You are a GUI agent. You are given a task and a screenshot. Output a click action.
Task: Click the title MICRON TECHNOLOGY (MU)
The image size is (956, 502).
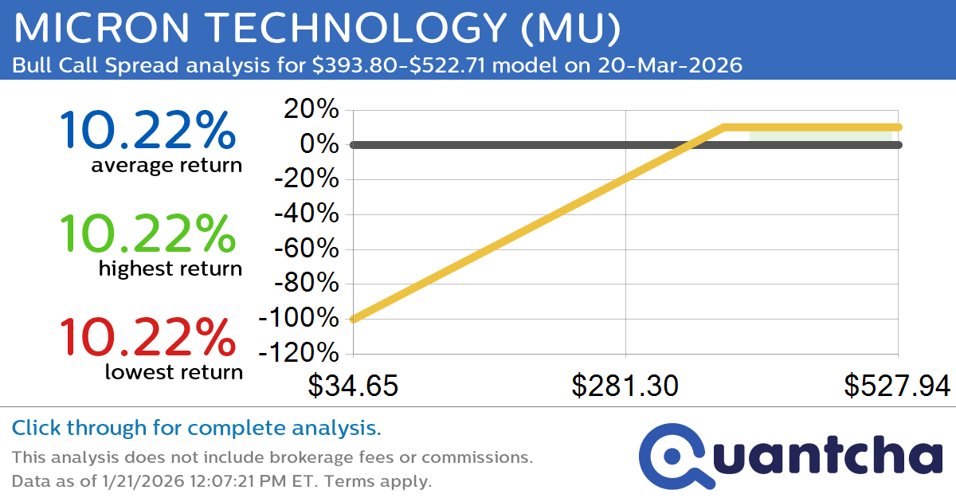(x=316, y=29)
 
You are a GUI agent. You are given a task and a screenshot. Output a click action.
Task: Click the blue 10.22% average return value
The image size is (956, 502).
(x=147, y=131)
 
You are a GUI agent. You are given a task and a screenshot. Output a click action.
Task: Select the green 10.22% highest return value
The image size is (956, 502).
(x=147, y=234)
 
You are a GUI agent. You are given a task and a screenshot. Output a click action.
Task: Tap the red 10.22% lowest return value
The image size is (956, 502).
(x=147, y=337)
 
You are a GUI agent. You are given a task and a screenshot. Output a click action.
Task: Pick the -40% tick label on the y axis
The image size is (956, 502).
(x=306, y=214)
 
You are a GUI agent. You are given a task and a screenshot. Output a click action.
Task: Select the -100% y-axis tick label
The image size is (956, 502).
(x=299, y=318)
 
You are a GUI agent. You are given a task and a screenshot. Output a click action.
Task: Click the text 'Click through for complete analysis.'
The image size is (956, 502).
(x=196, y=429)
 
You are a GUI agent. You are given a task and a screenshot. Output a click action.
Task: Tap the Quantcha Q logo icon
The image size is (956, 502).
(x=674, y=457)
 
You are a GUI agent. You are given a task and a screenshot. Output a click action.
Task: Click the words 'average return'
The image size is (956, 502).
(x=166, y=166)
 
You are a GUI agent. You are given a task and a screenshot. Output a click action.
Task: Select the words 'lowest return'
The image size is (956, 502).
(x=173, y=372)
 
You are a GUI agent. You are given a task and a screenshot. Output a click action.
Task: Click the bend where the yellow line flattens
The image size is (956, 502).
(x=724, y=127)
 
